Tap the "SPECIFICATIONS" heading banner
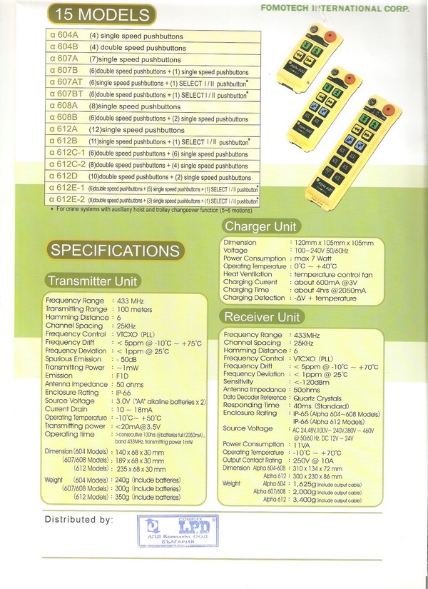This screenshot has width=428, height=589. (x=114, y=251)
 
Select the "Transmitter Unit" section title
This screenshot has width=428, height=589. (x=92, y=281)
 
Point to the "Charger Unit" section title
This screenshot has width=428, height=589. (x=260, y=226)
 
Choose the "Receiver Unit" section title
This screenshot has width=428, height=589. (x=262, y=316)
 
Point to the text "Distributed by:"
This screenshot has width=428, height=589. (x=78, y=520)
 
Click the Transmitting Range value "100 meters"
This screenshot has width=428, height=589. (x=137, y=309)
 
